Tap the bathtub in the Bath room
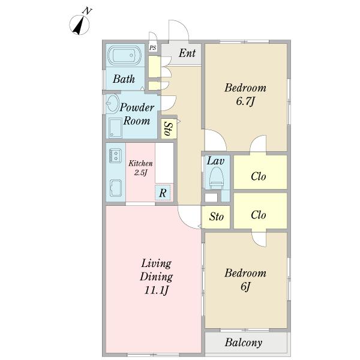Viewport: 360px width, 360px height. (125, 55)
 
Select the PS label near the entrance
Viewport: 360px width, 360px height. (152, 48)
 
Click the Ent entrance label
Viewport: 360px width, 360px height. (187, 53)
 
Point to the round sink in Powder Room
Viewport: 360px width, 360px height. (113, 103)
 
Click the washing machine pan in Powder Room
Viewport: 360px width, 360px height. (115, 128)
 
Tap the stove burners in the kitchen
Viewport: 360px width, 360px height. (115, 155)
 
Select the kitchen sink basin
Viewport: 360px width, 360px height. (116, 188)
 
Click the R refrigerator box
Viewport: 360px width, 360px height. (163, 193)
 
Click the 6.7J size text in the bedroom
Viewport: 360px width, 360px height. (245, 101)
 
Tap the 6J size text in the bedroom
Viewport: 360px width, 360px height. (245, 287)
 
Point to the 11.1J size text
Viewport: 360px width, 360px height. (156, 290)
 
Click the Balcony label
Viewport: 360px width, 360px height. (244, 343)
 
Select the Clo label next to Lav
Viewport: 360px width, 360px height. (258, 176)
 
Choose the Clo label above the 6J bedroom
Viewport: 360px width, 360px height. (258, 215)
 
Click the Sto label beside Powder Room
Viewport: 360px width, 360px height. (169, 129)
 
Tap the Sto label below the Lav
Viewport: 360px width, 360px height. (216, 217)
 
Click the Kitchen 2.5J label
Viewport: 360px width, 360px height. (140, 168)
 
